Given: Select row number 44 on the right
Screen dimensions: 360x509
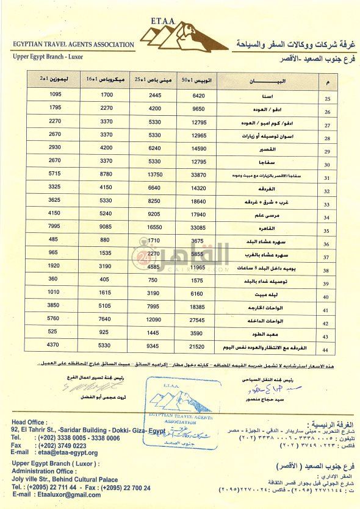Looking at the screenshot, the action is click(x=326, y=349).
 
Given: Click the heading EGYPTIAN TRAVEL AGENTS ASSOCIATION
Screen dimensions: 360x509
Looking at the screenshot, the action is click(x=73, y=44).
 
